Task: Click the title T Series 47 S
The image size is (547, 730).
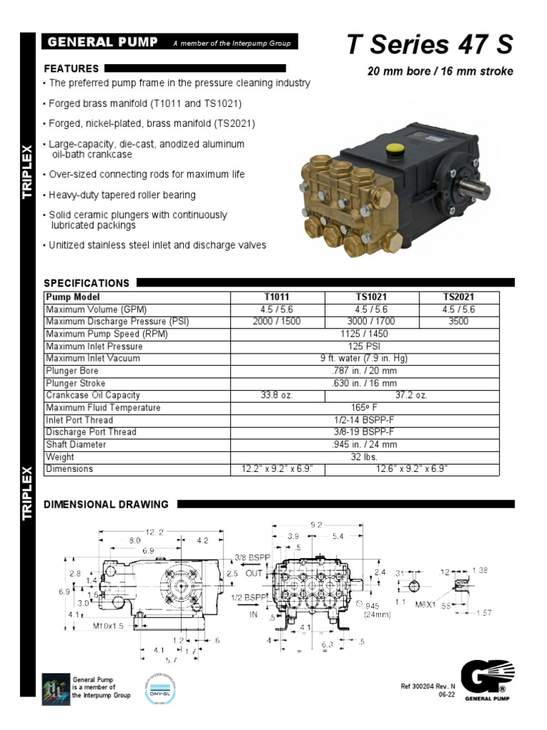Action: [429, 45]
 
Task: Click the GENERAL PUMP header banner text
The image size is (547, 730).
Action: [103, 43]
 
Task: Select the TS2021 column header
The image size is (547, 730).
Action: [459, 297]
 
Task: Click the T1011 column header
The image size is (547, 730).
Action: [277, 297]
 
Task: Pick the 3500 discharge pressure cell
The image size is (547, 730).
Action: [459, 322]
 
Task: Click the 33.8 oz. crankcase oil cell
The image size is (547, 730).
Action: [277, 395]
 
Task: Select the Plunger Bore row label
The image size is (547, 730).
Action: [72, 371]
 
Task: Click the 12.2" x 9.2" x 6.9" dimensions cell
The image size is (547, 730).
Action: [277, 470]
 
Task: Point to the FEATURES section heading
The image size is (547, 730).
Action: [71, 69]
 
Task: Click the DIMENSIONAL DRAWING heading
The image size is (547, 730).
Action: [107, 505]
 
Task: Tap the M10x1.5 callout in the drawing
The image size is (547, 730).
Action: [110, 626]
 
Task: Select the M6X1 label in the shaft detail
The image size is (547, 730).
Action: [426, 604]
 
